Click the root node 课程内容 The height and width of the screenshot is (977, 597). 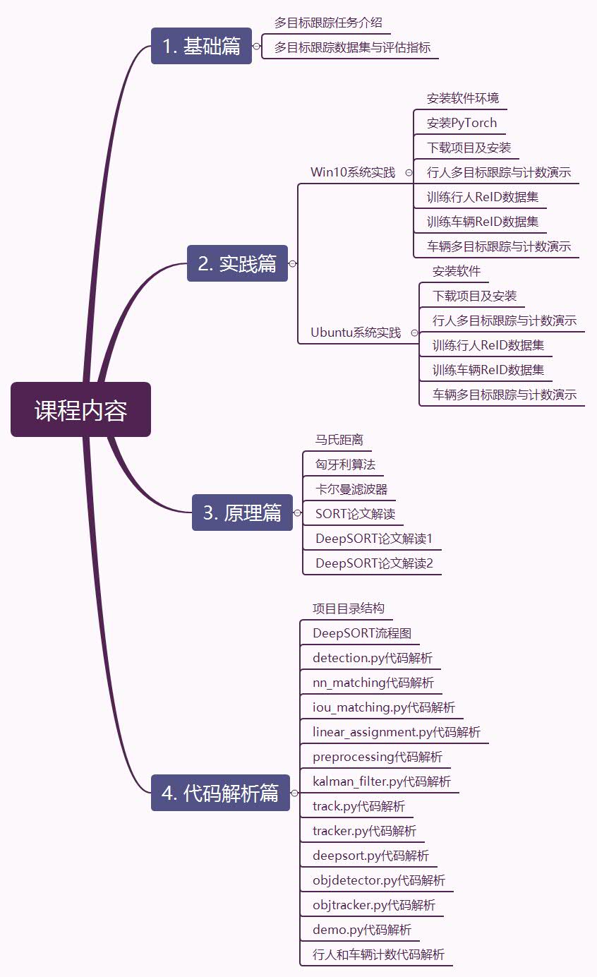tap(80, 409)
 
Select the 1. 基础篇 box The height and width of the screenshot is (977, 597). tap(201, 46)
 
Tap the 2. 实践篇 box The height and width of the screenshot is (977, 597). tap(237, 263)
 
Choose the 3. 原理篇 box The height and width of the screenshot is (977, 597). tap(242, 513)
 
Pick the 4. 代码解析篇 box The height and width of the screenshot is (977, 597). tap(220, 793)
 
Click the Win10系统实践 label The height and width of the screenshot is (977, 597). tap(353, 172)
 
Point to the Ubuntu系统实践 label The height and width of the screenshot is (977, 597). tap(356, 332)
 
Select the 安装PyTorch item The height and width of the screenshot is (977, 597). tap(462, 123)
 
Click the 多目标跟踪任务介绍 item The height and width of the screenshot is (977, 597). tap(328, 23)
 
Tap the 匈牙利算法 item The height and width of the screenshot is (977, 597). tap(345, 464)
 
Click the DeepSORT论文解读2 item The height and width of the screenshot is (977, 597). tap(374, 563)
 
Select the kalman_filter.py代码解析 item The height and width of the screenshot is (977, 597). tap(382, 781)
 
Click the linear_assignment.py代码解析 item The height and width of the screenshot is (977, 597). tap(397, 732)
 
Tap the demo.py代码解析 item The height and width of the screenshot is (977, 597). tap(362, 930)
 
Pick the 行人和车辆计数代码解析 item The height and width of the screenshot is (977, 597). tap(379, 954)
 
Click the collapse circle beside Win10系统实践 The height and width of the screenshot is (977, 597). tap(409, 172)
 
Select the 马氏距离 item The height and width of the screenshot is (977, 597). tap(339, 440)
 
